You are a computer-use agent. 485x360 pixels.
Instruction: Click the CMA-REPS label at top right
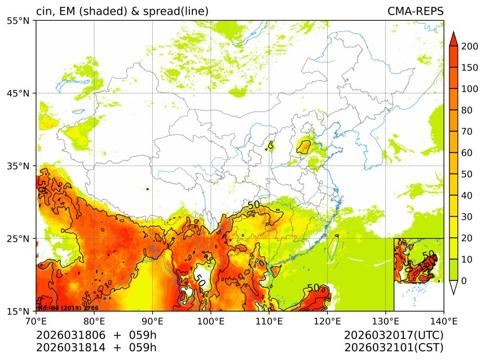pos(415,11)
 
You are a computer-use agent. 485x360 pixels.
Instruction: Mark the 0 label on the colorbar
pos(464,281)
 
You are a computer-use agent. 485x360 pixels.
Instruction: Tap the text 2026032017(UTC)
pos(394,335)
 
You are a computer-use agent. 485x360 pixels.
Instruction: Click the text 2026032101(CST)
pos(394,347)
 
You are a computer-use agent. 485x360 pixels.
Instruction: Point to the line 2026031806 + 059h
pos(96,335)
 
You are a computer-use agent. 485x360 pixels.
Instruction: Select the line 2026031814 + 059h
pos(96,347)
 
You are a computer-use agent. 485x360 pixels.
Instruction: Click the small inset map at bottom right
pos(418,274)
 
